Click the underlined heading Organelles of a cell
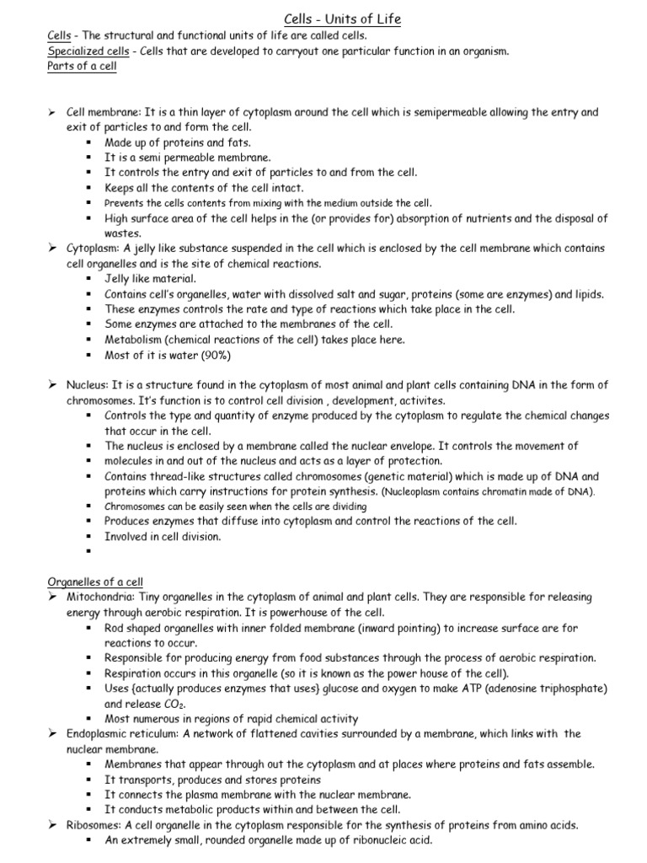(x=95, y=581)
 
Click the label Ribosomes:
(x=94, y=825)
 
